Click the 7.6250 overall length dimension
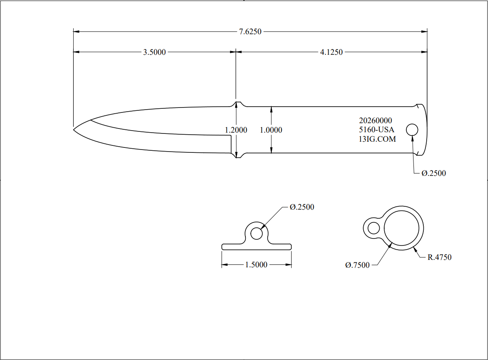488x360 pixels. click(x=250, y=32)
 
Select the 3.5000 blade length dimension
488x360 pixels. click(x=154, y=52)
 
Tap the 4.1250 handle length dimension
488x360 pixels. click(x=331, y=52)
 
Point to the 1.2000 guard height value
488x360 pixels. click(x=236, y=130)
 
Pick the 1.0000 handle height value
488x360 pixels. click(x=271, y=130)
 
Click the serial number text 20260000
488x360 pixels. click(x=376, y=121)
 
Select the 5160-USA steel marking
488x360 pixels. click(x=376, y=130)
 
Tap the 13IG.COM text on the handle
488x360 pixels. click(x=377, y=139)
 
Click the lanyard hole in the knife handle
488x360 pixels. click(x=412, y=130)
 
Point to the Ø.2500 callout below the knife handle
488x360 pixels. click(x=433, y=173)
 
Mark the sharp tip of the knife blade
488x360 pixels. click(x=74, y=130)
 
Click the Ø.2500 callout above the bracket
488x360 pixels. click(x=301, y=207)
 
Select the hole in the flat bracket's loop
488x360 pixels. click(x=256, y=234)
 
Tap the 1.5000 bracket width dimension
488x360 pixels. click(x=256, y=265)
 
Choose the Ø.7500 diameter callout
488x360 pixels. click(x=357, y=265)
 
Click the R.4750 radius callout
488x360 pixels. click(x=439, y=257)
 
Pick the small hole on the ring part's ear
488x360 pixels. click(x=374, y=228)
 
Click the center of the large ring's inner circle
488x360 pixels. click(x=402, y=228)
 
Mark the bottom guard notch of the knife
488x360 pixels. click(x=236, y=157)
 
